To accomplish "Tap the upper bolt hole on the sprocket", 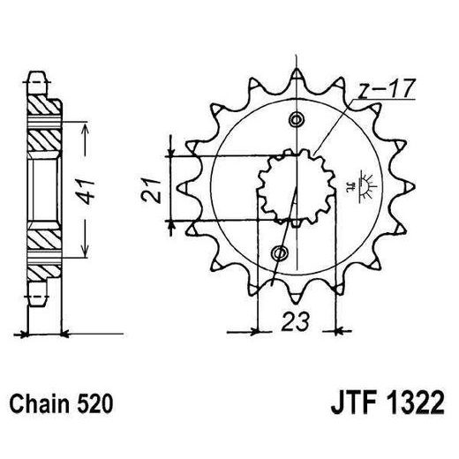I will (296, 119).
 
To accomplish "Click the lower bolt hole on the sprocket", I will (282, 254).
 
